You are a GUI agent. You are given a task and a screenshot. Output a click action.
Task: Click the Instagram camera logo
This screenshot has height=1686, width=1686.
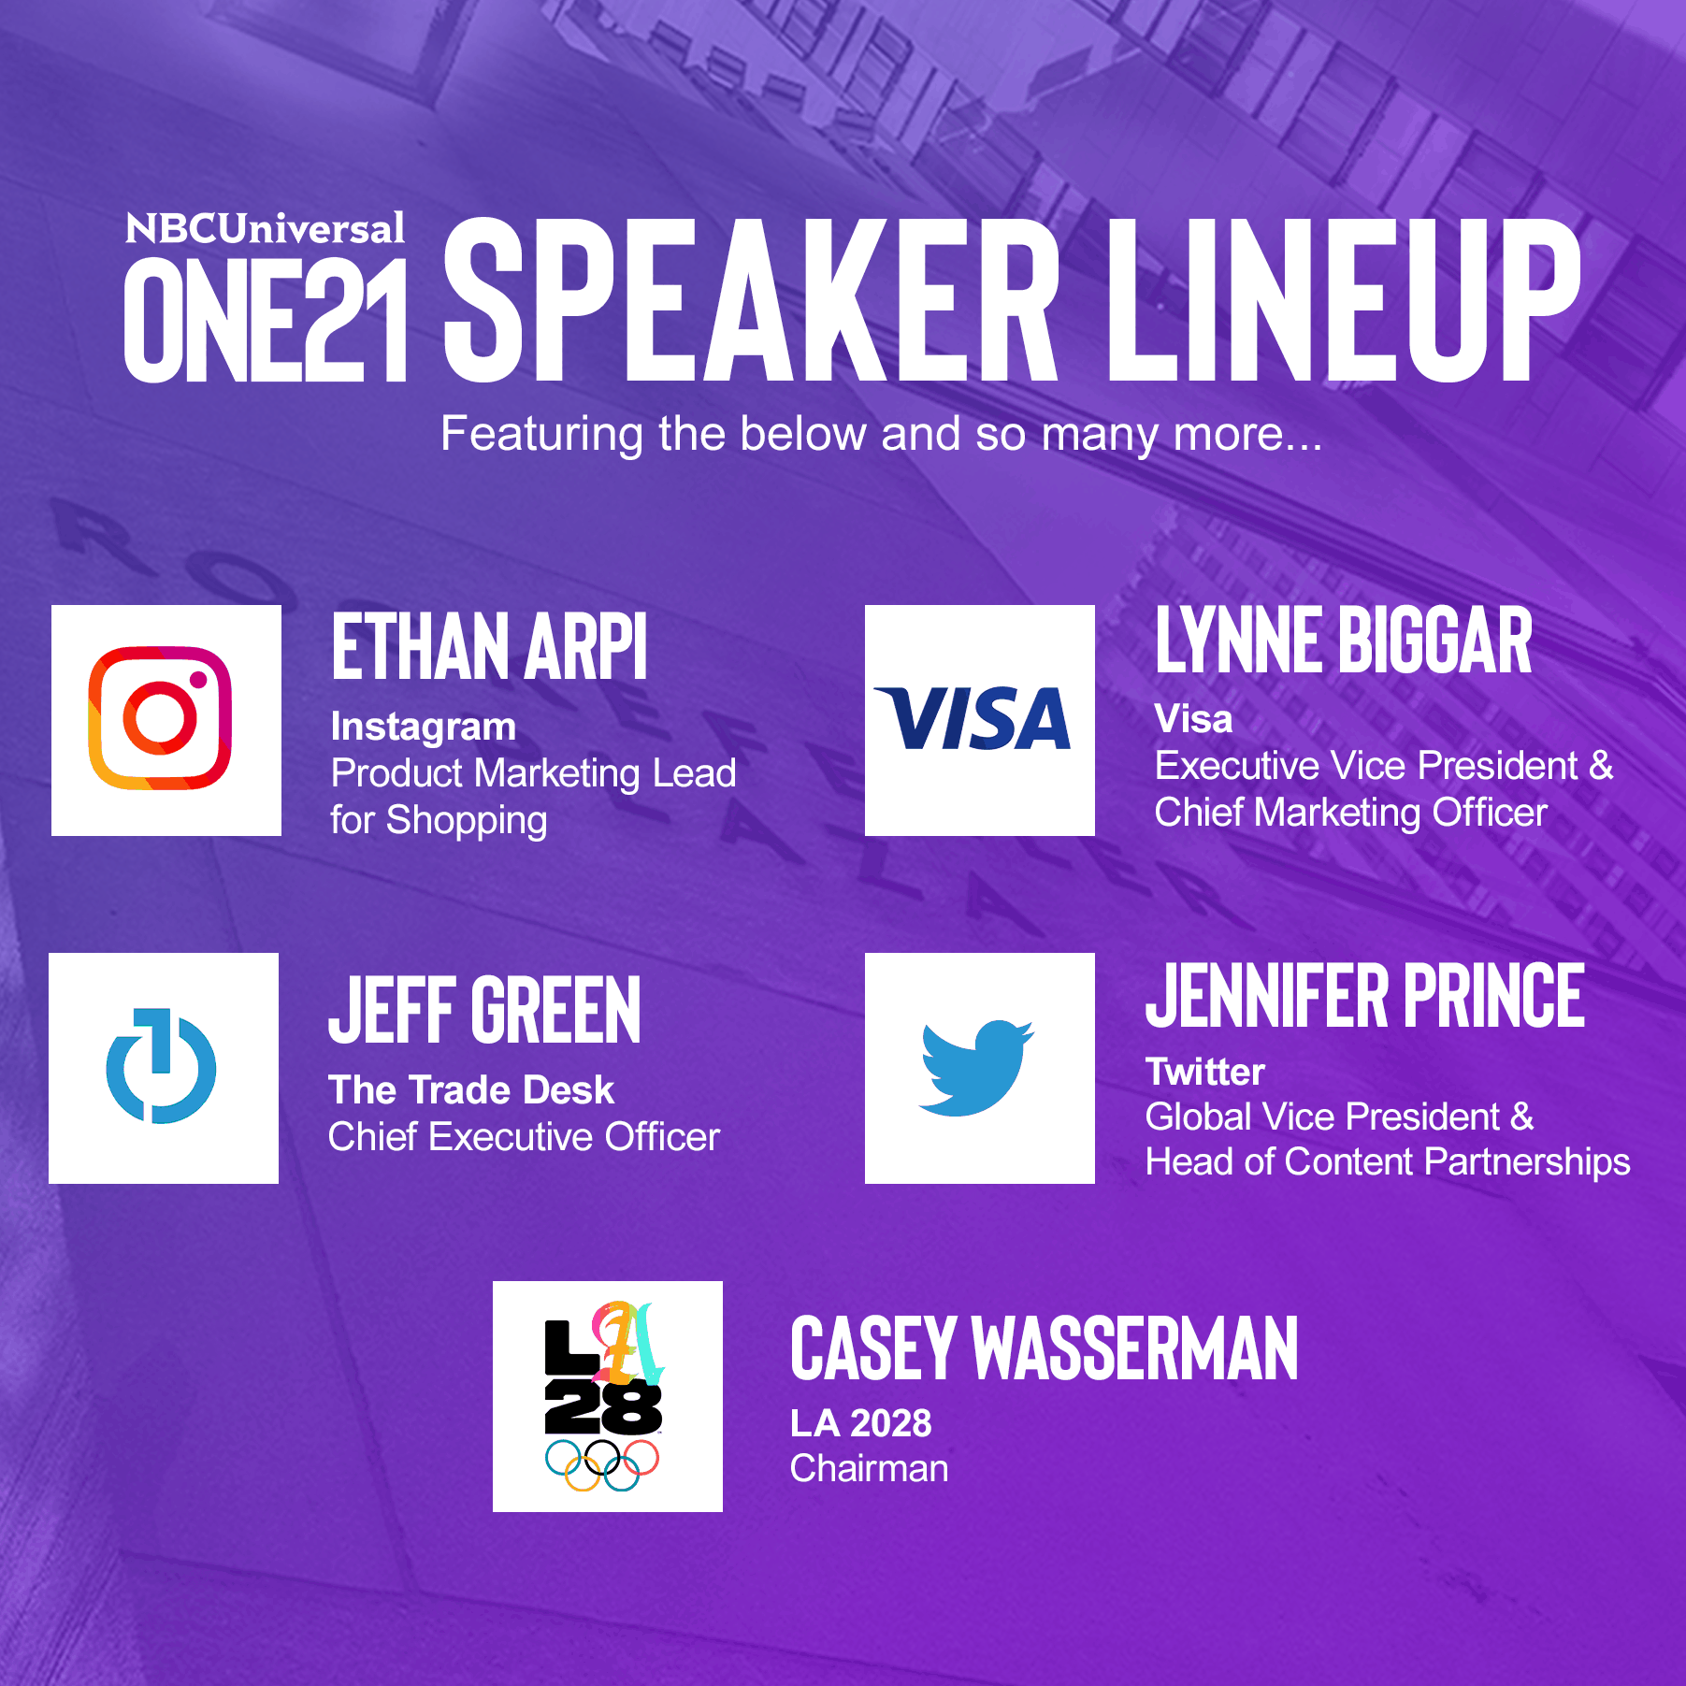click(160, 718)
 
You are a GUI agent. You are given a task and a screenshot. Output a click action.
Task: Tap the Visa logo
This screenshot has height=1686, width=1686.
click(973, 718)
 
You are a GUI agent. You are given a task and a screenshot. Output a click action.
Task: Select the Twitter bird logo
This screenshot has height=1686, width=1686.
click(976, 1068)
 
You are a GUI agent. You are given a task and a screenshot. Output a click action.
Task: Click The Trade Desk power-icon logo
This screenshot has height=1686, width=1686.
click(161, 1066)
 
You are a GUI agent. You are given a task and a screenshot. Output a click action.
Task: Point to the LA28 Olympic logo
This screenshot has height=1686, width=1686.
click(604, 1396)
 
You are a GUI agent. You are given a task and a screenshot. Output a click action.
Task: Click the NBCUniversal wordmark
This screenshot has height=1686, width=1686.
click(266, 229)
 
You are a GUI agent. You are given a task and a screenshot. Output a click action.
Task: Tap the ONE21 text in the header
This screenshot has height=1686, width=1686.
click(266, 320)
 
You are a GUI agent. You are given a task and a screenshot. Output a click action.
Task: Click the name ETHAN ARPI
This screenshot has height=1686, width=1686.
click(489, 646)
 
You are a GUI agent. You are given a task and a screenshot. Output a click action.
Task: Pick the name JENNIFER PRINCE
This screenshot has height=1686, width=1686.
click(1365, 996)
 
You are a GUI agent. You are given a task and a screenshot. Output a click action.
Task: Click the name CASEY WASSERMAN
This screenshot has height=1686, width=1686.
click(1045, 1347)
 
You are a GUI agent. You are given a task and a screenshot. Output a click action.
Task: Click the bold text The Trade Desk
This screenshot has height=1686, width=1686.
click(471, 1090)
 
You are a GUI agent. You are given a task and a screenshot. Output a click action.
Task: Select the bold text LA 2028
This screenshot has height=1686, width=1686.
click(861, 1423)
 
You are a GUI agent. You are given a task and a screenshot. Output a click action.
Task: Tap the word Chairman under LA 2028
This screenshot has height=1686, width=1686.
click(870, 1469)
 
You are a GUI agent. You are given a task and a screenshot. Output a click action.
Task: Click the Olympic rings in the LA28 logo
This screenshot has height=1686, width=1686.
click(602, 1465)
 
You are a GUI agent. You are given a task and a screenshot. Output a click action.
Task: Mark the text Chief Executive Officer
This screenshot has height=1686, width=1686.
click(524, 1137)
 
